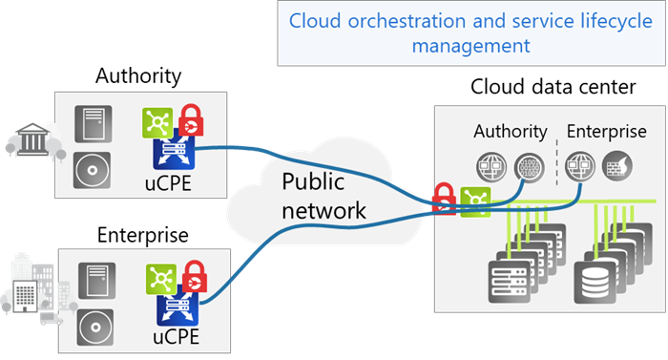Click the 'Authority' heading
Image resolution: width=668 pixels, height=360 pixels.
pos(511,131)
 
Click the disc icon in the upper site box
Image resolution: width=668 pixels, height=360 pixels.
pos(94,170)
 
